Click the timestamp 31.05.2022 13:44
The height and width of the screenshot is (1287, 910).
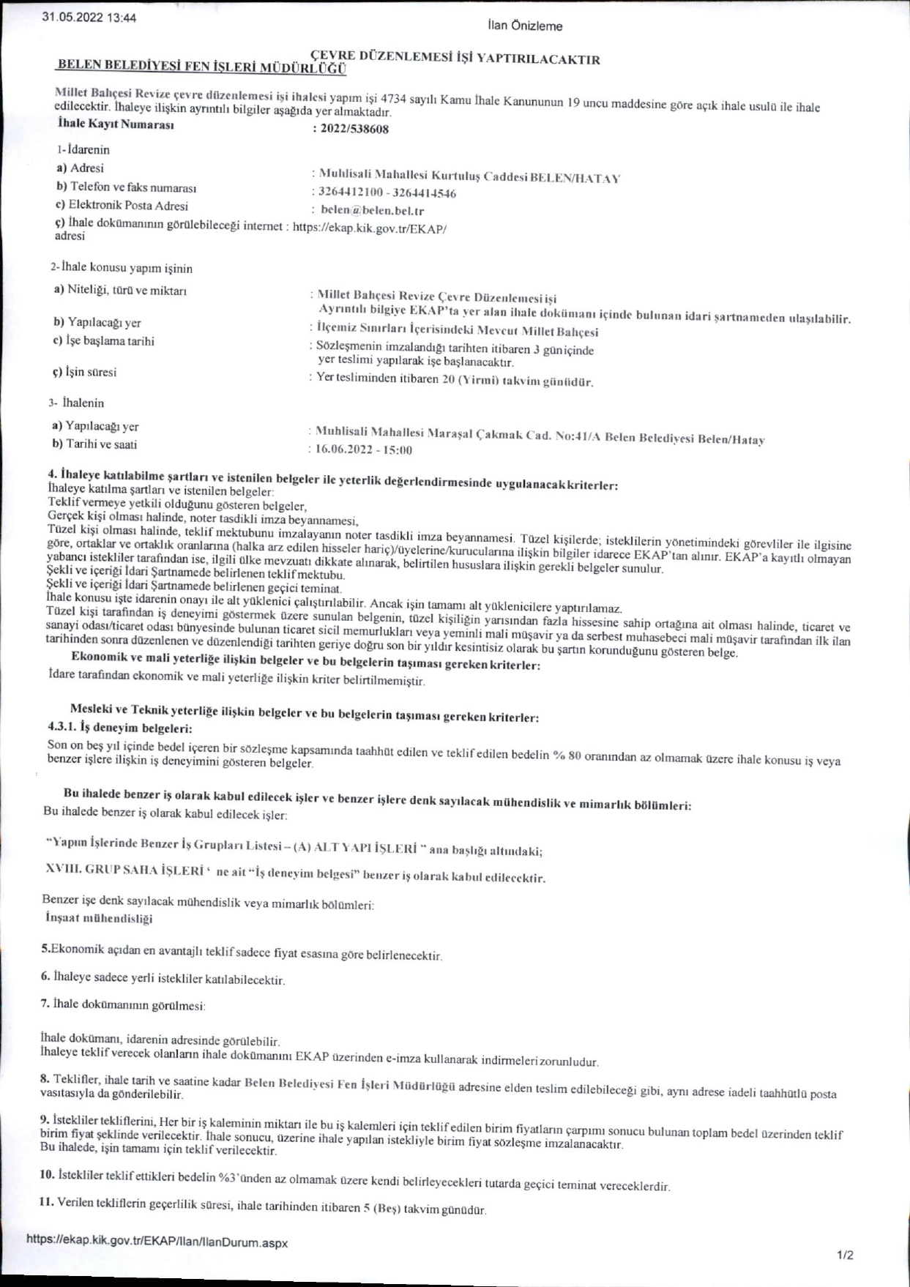[89, 18]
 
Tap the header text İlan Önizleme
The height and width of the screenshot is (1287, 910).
[525, 26]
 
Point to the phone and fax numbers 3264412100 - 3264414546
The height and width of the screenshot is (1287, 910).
[387, 193]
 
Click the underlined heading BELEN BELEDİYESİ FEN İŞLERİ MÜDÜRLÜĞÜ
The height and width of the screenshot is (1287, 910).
[201, 67]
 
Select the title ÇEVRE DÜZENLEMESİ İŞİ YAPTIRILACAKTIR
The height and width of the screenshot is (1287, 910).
[455, 59]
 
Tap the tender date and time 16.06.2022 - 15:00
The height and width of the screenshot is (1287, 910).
[364, 449]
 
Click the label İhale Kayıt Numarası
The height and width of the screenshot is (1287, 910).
[116, 124]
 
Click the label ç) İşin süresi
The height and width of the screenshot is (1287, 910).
[84, 372]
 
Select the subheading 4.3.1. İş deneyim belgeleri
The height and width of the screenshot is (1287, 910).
[120, 728]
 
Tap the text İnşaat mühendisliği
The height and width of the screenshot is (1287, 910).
[99, 918]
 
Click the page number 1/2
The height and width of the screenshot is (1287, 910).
[845, 1256]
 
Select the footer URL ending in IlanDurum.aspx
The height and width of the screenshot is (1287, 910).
[157, 1242]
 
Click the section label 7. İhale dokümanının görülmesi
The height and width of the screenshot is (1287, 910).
[123, 1004]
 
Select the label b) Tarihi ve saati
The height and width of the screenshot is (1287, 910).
[94, 444]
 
